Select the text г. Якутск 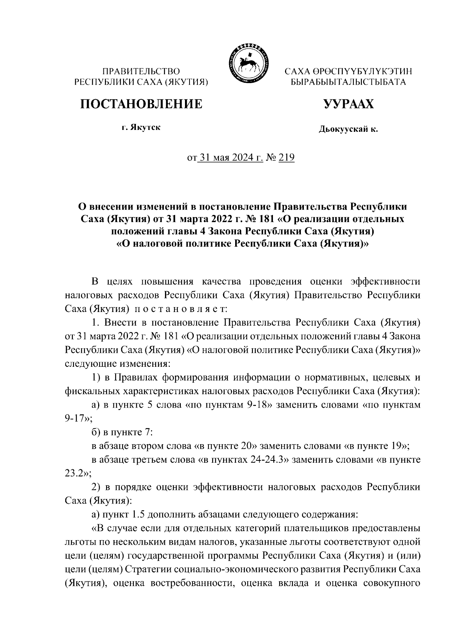(x=141, y=127)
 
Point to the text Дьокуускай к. (x=348, y=130)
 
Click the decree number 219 (x=286, y=158)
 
